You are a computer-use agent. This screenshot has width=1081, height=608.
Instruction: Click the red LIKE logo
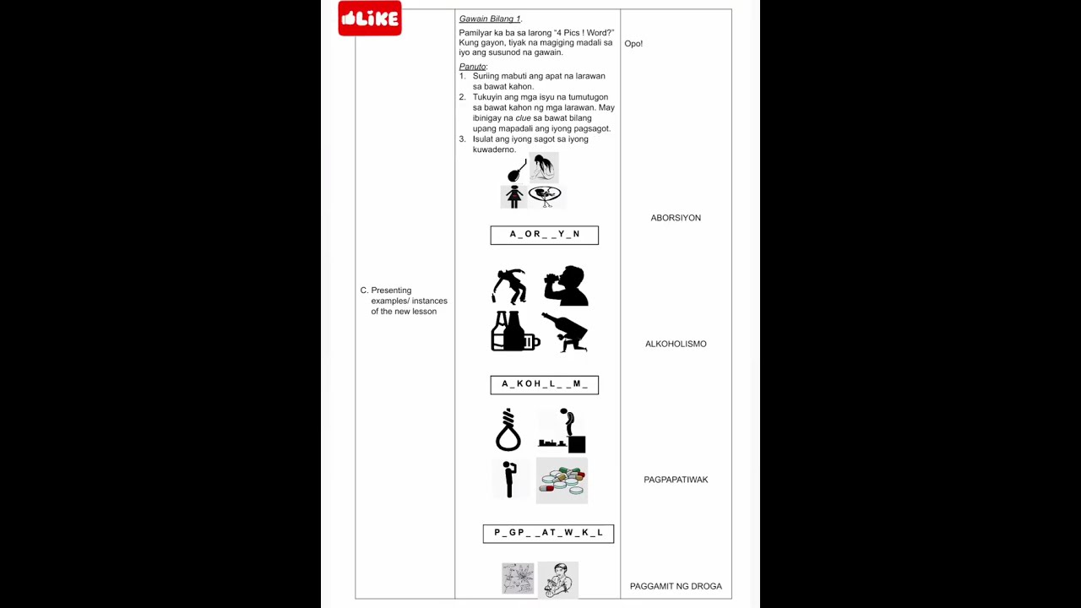coord(370,19)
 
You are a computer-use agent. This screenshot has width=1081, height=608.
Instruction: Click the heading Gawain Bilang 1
coord(489,19)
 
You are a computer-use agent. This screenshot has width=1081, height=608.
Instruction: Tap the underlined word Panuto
coord(472,67)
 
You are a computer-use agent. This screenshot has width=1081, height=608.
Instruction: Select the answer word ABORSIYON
coord(676,218)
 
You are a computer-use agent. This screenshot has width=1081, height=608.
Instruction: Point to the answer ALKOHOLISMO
coord(676,344)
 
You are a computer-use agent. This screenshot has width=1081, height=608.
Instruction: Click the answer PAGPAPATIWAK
coord(676,480)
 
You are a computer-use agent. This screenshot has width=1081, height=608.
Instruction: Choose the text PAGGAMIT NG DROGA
coord(676,586)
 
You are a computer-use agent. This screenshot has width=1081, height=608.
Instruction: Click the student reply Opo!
coord(633,44)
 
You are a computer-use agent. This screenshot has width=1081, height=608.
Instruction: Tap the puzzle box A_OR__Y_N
coord(545,235)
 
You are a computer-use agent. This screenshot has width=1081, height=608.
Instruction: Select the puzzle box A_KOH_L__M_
coord(545,385)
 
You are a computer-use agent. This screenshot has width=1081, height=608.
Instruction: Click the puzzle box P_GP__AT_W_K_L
coord(548,534)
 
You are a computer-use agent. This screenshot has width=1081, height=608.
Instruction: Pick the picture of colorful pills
coord(562,480)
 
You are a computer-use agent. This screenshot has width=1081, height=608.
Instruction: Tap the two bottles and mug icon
coord(515,331)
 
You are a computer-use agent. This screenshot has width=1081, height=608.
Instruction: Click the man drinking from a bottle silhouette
coord(566,285)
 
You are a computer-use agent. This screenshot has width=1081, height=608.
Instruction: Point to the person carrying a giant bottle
coord(565,333)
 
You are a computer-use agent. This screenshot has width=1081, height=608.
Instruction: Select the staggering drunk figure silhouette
coord(509,286)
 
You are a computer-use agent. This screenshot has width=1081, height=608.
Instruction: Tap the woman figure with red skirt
coord(513,197)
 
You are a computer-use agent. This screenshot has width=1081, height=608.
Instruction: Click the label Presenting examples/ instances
coord(404,296)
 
